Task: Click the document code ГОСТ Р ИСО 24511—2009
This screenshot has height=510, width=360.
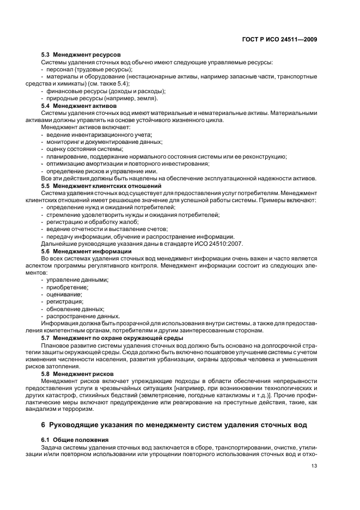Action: pyautogui.click(x=280, y=39)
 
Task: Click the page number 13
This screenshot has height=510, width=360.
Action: pyautogui.click(x=314, y=466)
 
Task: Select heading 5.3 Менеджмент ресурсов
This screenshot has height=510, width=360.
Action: pyautogui.click(x=81, y=55)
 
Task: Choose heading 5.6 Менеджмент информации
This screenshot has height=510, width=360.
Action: pyautogui.click(x=83, y=251)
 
